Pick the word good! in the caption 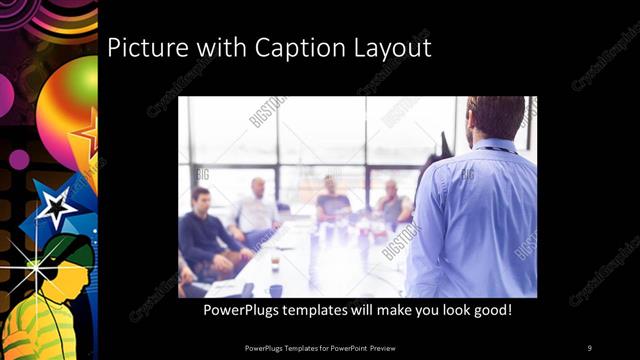(491, 311)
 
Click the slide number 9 (589, 347)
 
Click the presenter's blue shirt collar (494, 145)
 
